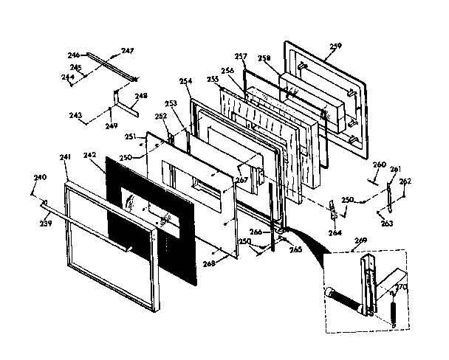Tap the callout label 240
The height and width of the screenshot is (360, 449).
pos(40,178)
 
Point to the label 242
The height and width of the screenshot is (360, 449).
pos(90,156)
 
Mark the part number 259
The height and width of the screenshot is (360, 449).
pos(336,46)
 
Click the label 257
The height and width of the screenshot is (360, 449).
pos(240,56)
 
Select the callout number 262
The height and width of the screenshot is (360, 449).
pos(405,181)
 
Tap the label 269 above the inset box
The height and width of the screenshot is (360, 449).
pos(360,240)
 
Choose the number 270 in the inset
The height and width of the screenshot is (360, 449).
pos(401,286)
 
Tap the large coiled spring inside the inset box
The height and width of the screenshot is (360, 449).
pos(346,302)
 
